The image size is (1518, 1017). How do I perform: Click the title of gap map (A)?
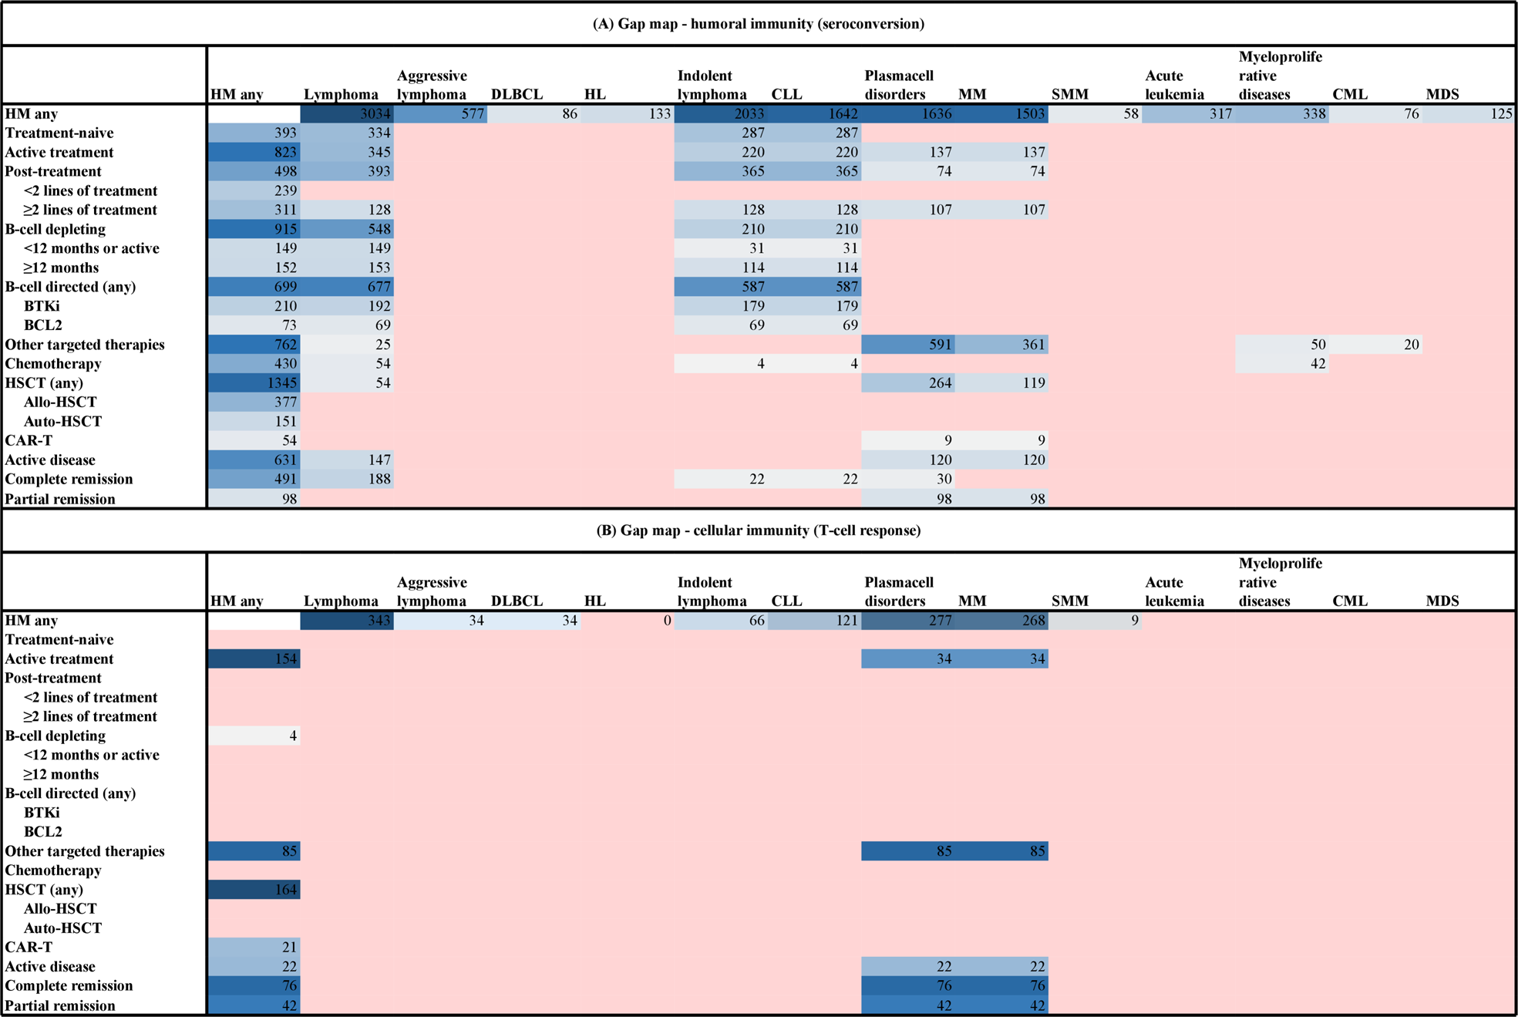(x=759, y=24)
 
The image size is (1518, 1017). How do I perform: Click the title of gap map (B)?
(x=759, y=530)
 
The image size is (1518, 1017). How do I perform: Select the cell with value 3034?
(x=347, y=114)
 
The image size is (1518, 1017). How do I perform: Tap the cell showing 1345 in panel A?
(x=254, y=383)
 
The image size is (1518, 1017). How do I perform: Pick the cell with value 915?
(x=254, y=229)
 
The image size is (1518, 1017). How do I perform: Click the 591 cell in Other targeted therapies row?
(x=908, y=345)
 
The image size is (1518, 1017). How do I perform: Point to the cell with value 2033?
(x=721, y=114)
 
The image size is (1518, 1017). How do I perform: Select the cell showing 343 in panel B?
(x=347, y=621)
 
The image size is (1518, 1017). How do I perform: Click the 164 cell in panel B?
(x=254, y=890)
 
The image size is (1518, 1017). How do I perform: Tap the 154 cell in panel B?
(x=254, y=659)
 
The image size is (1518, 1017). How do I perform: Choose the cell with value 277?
(x=908, y=621)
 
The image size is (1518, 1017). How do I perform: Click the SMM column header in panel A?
(x=1070, y=95)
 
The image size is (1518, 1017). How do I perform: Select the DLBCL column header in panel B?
(x=517, y=601)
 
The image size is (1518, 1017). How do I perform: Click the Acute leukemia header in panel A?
(x=1174, y=85)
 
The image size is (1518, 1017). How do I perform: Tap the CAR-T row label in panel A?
(x=29, y=440)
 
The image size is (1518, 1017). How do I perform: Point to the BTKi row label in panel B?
(x=42, y=813)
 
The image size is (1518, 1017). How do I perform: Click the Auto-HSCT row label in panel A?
(x=62, y=422)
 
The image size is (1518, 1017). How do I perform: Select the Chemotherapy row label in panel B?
(x=53, y=871)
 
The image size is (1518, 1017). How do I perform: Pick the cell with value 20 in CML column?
(x=1375, y=345)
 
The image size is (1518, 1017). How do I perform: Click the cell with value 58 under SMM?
(x=1095, y=114)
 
